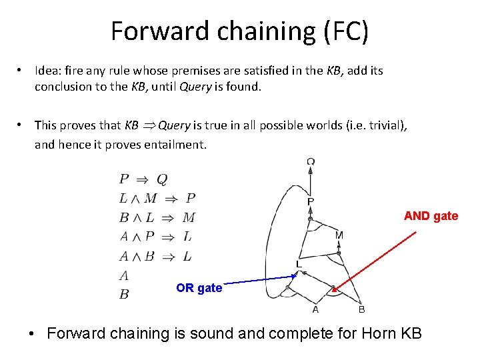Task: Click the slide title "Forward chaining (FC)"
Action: point(239,31)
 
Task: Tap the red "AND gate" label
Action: point(431,216)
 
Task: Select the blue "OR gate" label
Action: point(199,288)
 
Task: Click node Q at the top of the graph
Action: point(311,161)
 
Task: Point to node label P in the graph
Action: point(310,201)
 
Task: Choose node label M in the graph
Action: point(339,235)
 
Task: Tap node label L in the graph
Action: point(299,265)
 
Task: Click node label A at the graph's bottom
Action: point(316,309)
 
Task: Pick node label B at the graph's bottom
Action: point(361,309)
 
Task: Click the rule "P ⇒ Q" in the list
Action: point(143,179)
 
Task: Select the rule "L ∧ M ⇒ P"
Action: point(157,198)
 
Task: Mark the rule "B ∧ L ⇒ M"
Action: point(157,217)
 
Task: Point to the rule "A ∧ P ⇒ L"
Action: point(156,237)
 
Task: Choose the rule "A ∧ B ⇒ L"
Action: point(156,256)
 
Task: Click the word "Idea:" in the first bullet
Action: point(49,71)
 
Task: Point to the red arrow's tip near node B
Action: point(334,290)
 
